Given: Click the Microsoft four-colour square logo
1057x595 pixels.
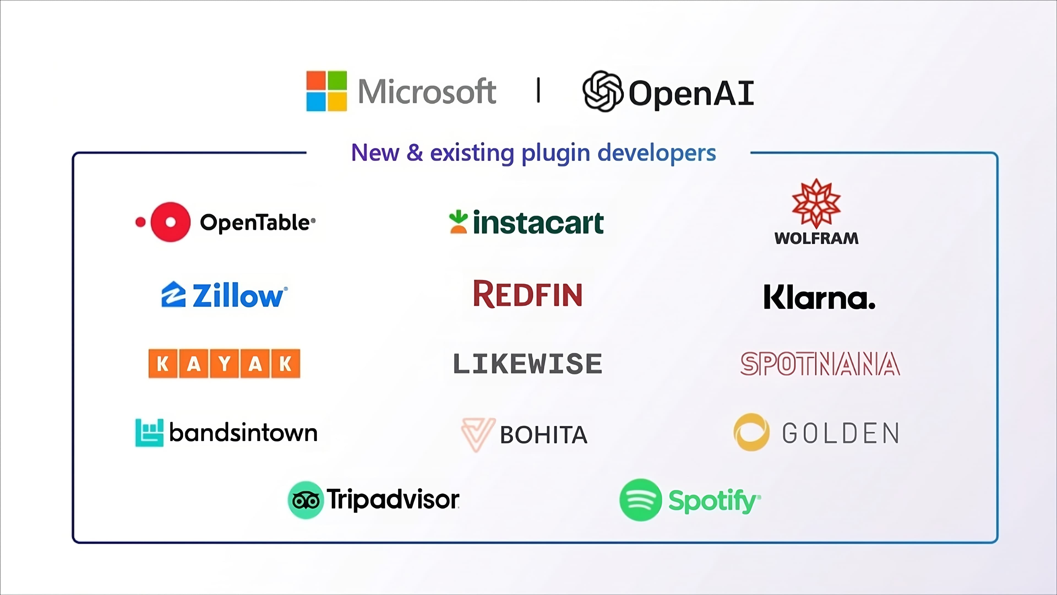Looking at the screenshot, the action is pyautogui.click(x=327, y=91).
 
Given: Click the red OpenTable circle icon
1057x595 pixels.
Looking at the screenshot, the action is pyautogui.click(x=170, y=222).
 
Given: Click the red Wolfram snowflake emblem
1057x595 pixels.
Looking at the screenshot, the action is pyautogui.click(x=816, y=203).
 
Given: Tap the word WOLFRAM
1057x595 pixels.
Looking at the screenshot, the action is pyautogui.click(x=816, y=239).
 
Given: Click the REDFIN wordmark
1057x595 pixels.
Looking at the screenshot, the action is pyautogui.click(x=528, y=294).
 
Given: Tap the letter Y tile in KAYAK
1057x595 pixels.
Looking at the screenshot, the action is pyautogui.click(x=224, y=363).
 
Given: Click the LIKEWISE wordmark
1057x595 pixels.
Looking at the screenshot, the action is pyautogui.click(x=528, y=364).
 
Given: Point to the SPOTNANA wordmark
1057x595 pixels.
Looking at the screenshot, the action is pyautogui.click(x=820, y=364).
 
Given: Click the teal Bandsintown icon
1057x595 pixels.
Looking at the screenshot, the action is pyautogui.click(x=149, y=432).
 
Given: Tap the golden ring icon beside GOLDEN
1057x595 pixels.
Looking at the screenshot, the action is pyautogui.click(x=751, y=432).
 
